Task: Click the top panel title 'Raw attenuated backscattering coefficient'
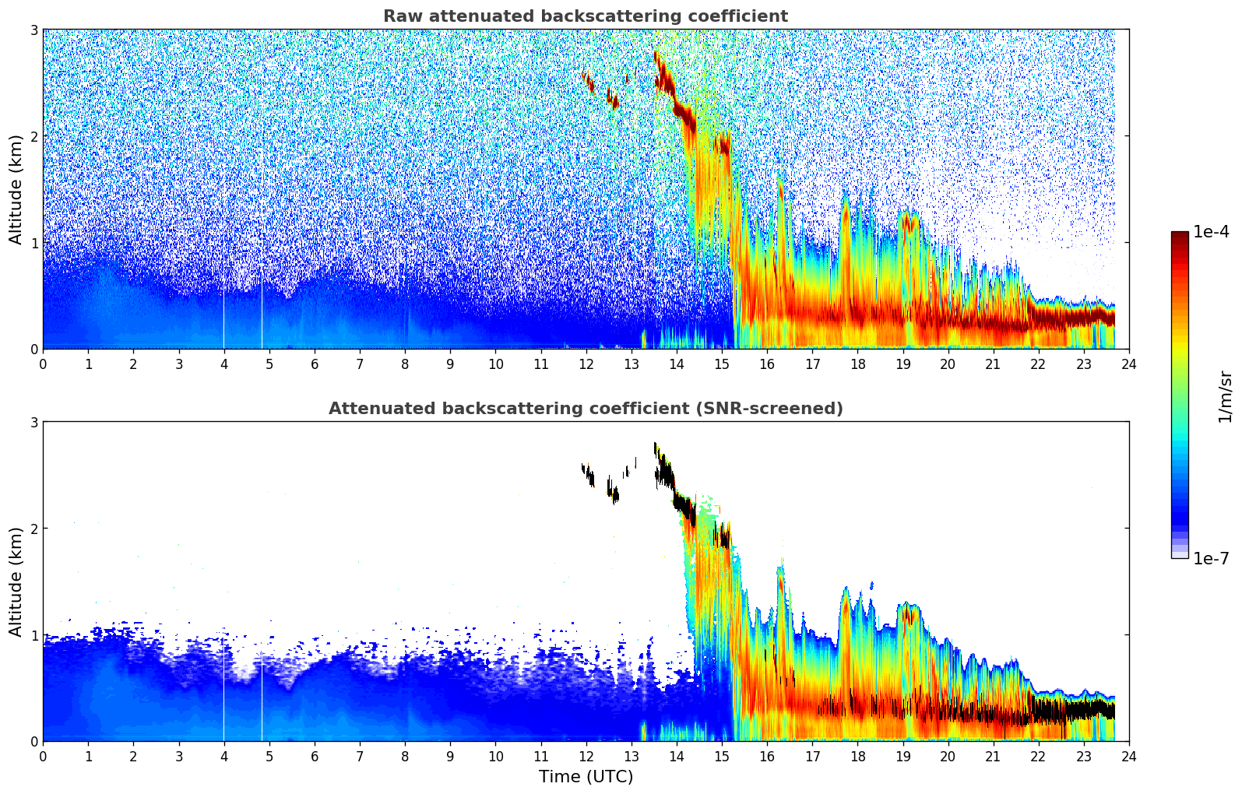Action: point(585,16)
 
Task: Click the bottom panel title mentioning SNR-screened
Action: point(585,409)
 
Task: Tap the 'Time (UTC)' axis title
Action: point(586,777)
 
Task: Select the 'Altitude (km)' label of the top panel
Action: point(16,189)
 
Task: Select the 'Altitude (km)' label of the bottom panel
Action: point(16,581)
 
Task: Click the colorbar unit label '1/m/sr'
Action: point(1225,396)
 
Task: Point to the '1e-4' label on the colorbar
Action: point(1211,232)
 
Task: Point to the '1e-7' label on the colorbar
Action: point(1211,558)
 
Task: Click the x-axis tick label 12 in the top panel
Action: point(586,364)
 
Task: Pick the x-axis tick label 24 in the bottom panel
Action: point(1128,757)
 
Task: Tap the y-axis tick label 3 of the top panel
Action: point(34,30)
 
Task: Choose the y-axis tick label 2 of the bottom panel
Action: point(34,529)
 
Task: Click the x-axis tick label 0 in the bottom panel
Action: point(43,757)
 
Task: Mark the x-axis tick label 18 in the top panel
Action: point(857,364)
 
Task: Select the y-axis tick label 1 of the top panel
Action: point(34,243)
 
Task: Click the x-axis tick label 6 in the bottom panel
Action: point(315,757)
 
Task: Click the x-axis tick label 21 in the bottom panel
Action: point(993,757)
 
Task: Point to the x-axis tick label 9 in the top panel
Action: point(450,364)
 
